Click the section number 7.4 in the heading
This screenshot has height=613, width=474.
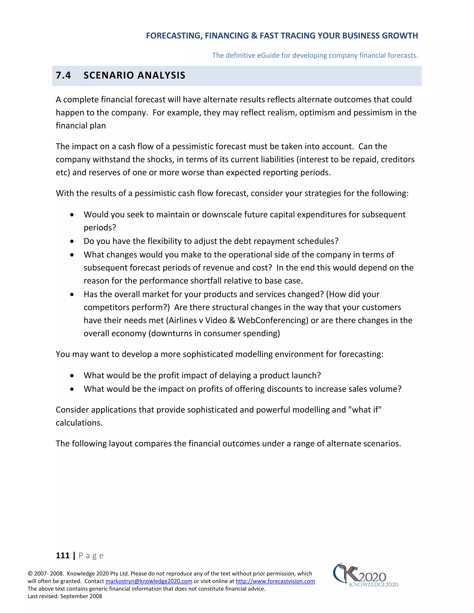(x=63, y=75)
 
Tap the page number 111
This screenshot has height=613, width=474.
(x=63, y=555)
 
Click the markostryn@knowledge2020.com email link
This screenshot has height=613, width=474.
(x=149, y=581)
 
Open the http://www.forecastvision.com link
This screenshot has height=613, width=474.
(x=275, y=581)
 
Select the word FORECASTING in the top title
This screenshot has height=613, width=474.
(x=173, y=36)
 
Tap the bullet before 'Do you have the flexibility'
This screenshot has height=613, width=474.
(x=72, y=241)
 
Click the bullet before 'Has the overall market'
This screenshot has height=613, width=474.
(x=72, y=294)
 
